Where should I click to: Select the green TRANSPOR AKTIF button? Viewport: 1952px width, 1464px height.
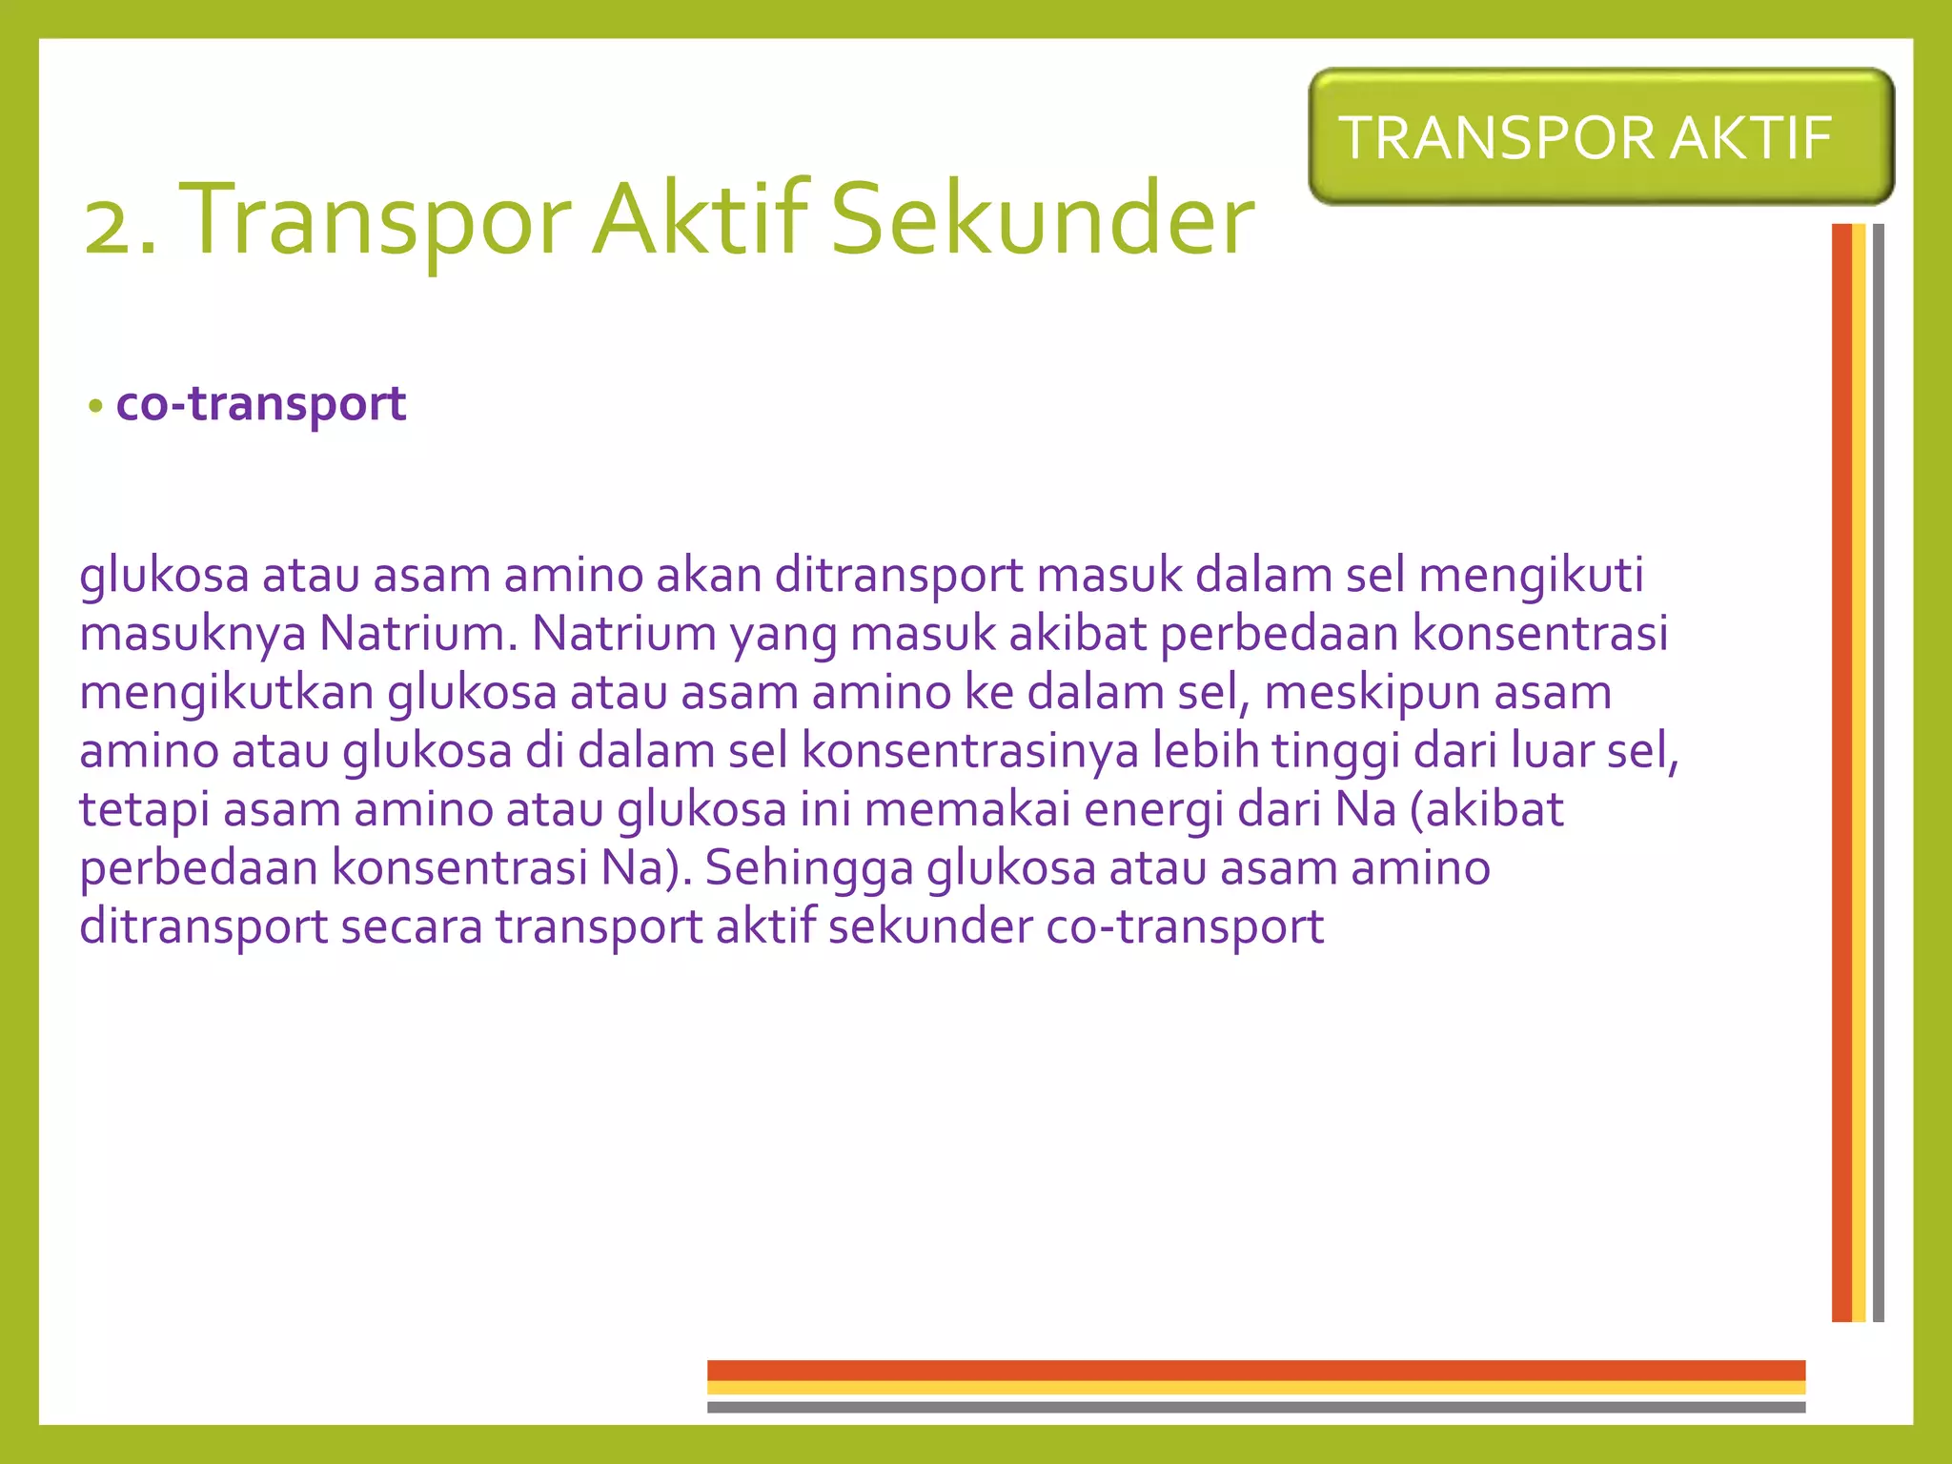(1600, 137)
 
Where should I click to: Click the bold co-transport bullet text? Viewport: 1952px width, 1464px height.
(261, 404)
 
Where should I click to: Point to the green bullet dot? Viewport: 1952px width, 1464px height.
(94, 407)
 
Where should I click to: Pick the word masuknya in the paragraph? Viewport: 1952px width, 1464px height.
(193, 634)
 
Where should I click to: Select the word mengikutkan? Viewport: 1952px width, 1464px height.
(227, 693)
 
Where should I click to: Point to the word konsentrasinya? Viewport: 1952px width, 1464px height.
(969, 751)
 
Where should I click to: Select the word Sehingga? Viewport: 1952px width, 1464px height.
(809, 868)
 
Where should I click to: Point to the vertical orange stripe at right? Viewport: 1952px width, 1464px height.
(1841, 772)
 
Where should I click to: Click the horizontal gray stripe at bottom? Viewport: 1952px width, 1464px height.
(1255, 1407)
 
